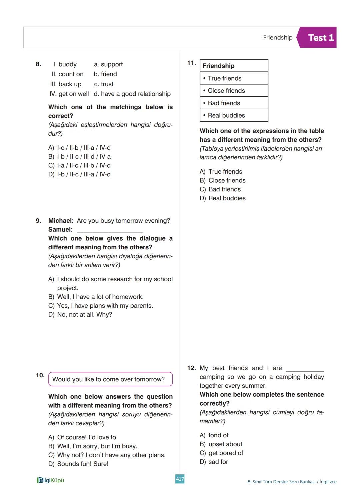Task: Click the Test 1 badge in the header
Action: (320, 38)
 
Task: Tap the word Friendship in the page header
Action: (277, 38)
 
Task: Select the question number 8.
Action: (38, 64)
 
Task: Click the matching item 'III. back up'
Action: (66, 84)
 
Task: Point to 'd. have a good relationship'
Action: (132, 94)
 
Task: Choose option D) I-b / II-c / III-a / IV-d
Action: (79, 174)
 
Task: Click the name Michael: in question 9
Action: (61, 221)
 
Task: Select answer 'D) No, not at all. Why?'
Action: (80, 315)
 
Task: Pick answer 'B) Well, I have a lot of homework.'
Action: (96, 297)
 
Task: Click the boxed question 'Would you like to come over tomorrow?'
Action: (110, 379)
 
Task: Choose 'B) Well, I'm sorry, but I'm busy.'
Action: (93, 446)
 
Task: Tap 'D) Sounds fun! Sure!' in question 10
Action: (78, 464)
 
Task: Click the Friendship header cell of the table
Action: (234, 66)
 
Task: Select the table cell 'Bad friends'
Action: (234, 103)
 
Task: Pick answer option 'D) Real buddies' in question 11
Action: (222, 198)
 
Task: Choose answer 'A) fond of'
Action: (214, 435)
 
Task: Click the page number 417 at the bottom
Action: (180, 479)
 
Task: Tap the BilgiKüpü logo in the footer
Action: (50, 480)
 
